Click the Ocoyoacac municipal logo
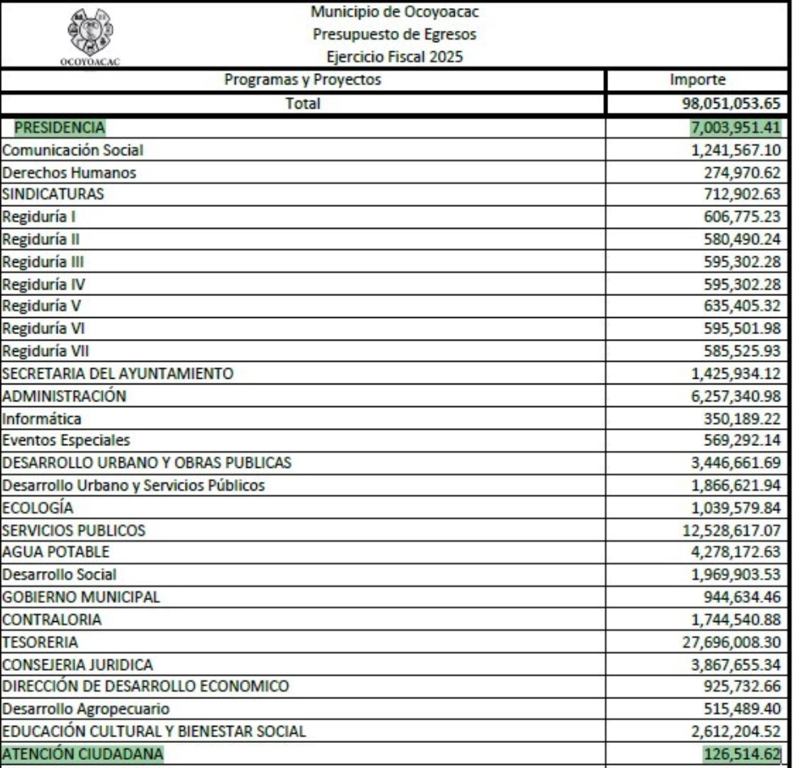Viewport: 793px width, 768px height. tap(88, 34)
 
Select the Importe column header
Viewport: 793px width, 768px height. tap(697, 80)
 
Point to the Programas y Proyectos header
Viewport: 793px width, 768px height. tap(302, 80)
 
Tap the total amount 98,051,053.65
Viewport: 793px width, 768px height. tap(730, 104)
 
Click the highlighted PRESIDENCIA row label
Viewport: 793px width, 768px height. tap(60, 127)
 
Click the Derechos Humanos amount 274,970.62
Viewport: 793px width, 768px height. tap(744, 173)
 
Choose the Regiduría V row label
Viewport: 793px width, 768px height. tap(41, 306)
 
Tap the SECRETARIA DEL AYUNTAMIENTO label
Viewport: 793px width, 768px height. tap(118, 374)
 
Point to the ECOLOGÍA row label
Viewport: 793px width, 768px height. tap(38, 508)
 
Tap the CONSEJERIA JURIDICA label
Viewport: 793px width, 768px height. tap(78, 665)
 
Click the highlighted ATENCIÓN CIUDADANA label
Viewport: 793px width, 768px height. tap(82, 754)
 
